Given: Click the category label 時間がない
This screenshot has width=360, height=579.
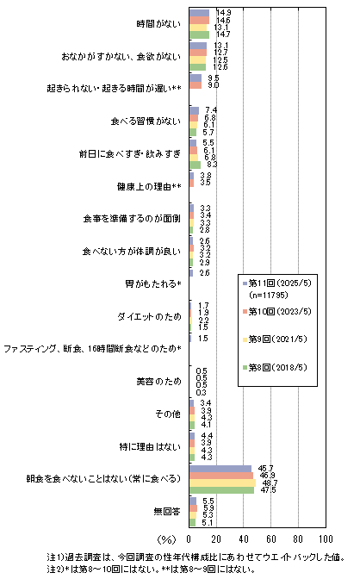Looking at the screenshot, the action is [x=158, y=24].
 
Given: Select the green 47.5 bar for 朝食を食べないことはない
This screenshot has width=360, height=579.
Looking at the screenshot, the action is [x=221, y=490].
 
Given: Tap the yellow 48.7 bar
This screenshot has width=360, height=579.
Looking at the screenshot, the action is [x=222, y=483].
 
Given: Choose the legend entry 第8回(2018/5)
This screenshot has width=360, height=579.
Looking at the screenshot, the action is [x=275, y=367].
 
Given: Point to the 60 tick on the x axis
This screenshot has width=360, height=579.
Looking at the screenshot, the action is [x=271, y=539].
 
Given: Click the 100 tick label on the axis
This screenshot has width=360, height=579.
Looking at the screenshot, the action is [x=326, y=539].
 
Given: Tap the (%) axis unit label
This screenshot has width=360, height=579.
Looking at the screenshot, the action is [x=166, y=539].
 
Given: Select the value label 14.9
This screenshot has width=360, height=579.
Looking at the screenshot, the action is [x=224, y=13].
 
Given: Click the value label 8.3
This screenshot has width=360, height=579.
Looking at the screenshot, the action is [x=211, y=165].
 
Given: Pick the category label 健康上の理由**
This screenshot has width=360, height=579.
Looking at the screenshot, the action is [x=149, y=186].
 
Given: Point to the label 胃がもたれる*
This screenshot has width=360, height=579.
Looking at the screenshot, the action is [x=153, y=284].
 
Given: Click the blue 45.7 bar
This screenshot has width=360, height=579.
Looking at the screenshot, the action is [x=220, y=469].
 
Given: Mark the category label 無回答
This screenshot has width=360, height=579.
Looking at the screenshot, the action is [x=167, y=512].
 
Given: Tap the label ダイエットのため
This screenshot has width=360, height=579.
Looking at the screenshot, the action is [x=150, y=316].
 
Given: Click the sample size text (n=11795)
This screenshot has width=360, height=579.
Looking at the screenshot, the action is [x=269, y=295].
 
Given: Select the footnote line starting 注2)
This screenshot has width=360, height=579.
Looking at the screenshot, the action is [x=151, y=569].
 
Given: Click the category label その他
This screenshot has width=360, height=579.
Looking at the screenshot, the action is [x=168, y=414].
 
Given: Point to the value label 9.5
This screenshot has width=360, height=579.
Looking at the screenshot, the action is [x=214, y=78].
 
